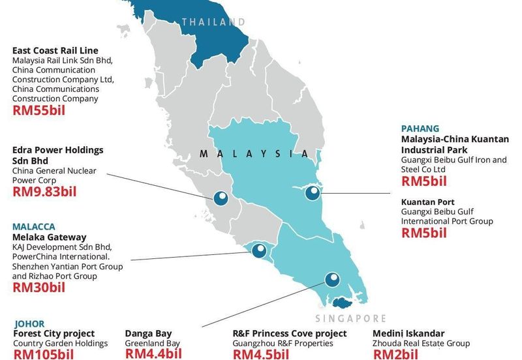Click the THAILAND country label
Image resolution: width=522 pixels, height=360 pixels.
[x=213, y=22]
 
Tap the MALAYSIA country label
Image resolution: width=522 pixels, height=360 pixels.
[x=254, y=154]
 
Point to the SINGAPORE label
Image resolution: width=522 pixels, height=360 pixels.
[x=350, y=319]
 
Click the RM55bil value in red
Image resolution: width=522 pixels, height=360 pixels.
[x=38, y=110]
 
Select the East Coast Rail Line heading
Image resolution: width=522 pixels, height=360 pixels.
[x=55, y=50]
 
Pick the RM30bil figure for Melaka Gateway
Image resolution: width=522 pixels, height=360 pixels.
[x=38, y=287]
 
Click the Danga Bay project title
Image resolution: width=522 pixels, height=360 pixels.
[x=149, y=333]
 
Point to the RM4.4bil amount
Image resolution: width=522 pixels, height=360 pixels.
[x=153, y=354]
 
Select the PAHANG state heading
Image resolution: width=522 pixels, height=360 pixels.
[x=420, y=128]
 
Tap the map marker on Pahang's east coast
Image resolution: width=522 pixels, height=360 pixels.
[x=314, y=192]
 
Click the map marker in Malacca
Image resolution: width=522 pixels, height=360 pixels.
[x=259, y=250]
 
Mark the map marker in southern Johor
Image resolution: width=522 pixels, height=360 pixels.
[x=333, y=280]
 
